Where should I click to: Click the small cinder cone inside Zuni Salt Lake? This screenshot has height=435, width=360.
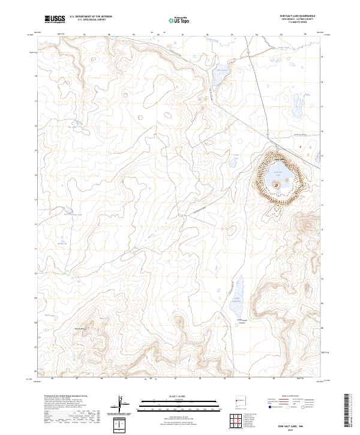click(277, 185)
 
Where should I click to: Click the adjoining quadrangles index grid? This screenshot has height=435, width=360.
click(238, 421)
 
